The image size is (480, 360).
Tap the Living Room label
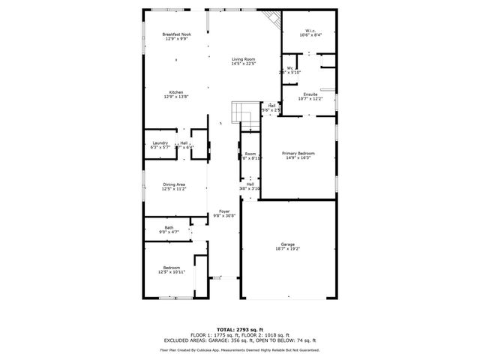(244, 58)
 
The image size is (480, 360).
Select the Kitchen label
(175, 92)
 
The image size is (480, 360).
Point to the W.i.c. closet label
(305, 31)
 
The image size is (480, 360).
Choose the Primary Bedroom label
(298, 153)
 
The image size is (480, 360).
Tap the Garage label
(288, 244)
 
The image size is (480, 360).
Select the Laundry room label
(160, 142)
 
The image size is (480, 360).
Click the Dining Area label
(175, 184)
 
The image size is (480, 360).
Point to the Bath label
(169, 228)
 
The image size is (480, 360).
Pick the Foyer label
(224, 211)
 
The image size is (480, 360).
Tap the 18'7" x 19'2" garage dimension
(288, 249)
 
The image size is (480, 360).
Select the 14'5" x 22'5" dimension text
(244, 63)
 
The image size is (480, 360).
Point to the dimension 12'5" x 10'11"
(172, 272)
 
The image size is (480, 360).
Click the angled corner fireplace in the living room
(271, 19)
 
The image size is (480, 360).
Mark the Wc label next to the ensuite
(289, 68)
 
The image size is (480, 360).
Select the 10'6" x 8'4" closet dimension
(305, 35)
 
